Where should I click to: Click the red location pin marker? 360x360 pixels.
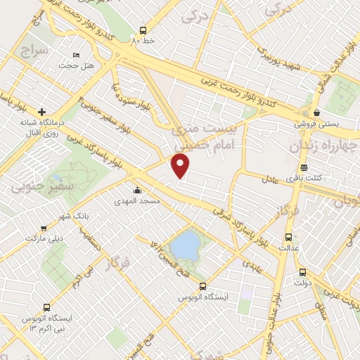coord(181,165)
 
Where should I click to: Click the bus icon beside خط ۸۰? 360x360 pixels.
coord(143,30)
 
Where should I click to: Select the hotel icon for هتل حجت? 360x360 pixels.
coord(77,55)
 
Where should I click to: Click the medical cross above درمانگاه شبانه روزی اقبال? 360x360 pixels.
coord(42,112)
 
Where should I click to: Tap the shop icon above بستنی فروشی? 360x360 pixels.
coord(316,112)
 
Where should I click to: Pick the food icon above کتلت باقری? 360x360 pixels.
coord(304,167)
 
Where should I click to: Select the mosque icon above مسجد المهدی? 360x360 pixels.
coord(137,190)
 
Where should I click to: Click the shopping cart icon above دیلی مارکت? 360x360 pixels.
coord(44,229)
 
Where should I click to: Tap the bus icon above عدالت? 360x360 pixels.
coord(288,237)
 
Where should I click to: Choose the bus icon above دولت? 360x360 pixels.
coord(302,272)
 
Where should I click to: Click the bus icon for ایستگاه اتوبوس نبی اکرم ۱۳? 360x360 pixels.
coord(46,307)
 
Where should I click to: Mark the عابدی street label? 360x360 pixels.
coord(252,264)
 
